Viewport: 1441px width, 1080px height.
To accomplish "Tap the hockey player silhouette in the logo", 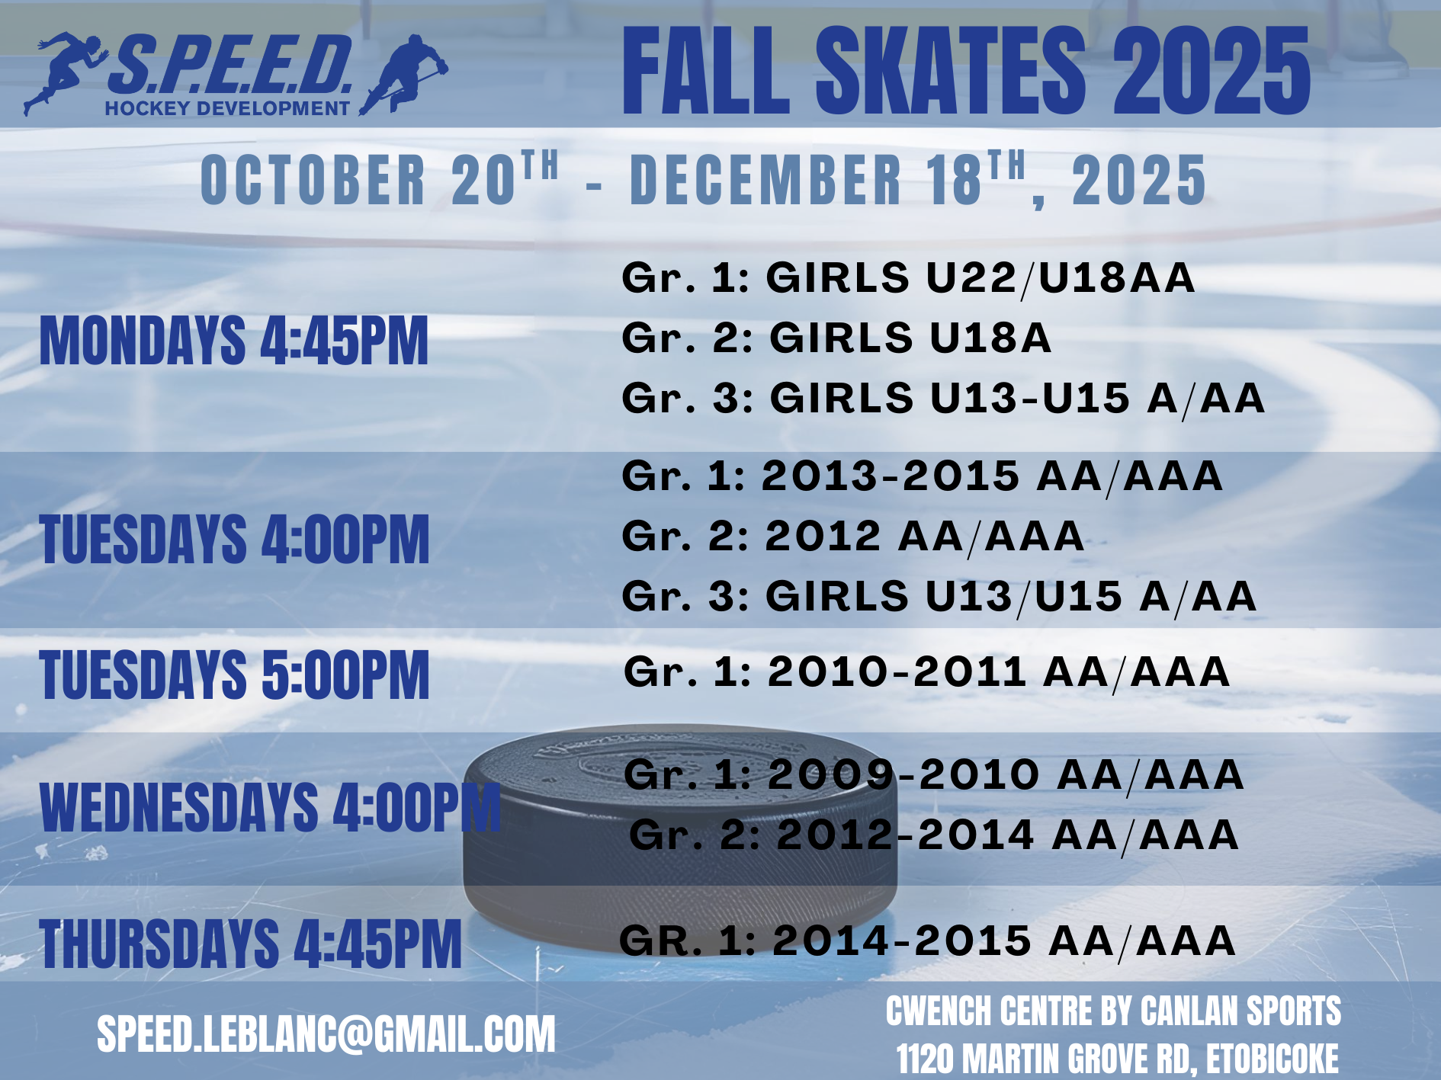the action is [404, 74].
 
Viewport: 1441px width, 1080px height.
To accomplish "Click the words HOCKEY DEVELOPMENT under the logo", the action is [227, 108].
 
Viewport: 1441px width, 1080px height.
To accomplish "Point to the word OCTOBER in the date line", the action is [313, 180].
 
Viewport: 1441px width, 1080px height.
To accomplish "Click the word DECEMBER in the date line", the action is [765, 180].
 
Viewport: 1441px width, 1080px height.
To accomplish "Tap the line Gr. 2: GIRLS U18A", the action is [836, 338].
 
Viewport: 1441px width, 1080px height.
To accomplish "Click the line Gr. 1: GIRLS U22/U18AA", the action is [908, 277].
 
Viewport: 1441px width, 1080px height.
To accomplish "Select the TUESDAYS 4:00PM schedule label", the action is [235, 539].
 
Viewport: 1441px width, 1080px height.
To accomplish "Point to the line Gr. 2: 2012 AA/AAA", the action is [853, 536].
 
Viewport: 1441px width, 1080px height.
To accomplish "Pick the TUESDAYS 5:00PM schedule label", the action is [235, 675].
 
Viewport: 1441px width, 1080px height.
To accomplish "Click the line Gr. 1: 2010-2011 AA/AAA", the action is [926, 672].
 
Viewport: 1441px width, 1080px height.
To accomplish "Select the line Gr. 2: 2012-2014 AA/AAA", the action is [934, 835].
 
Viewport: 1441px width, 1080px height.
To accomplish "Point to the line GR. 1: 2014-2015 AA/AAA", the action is [927, 941].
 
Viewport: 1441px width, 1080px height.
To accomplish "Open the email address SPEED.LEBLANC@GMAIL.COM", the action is [326, 1034].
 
